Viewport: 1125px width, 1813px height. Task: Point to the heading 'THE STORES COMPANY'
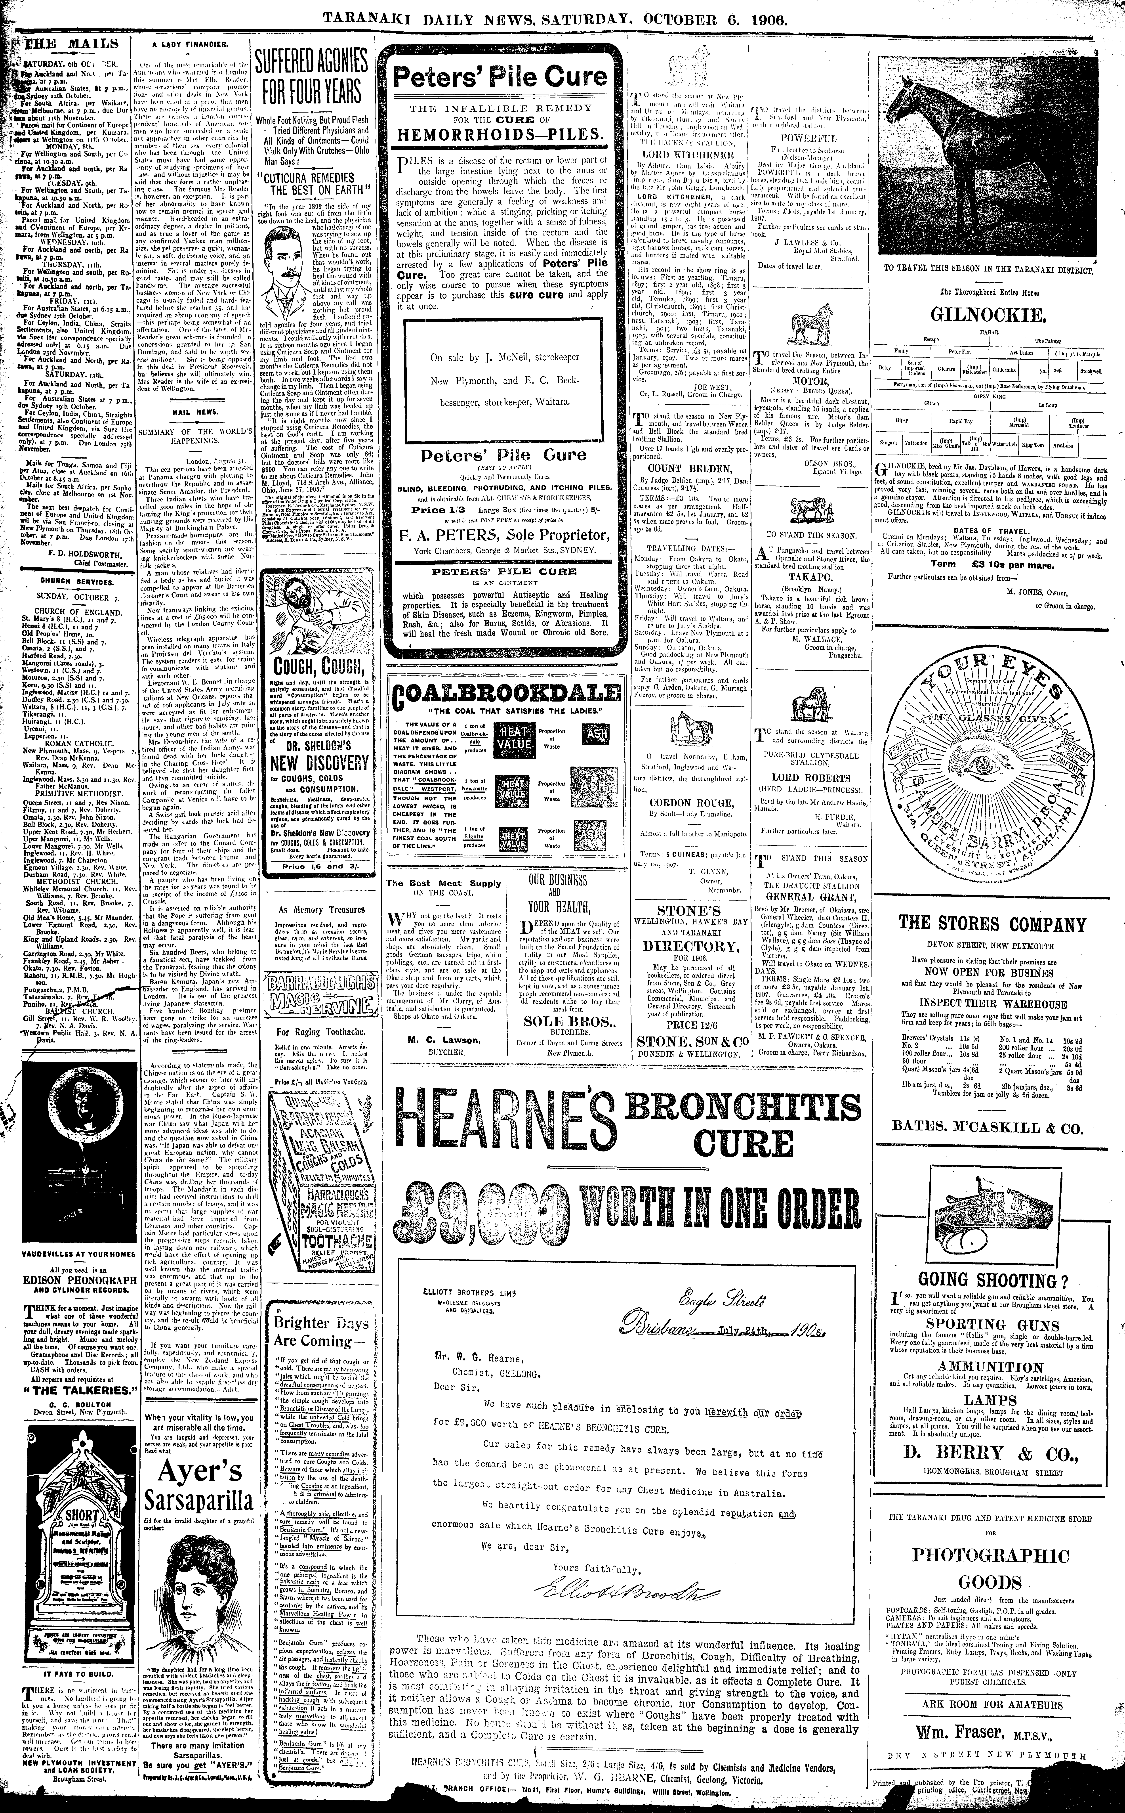point(993,925)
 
